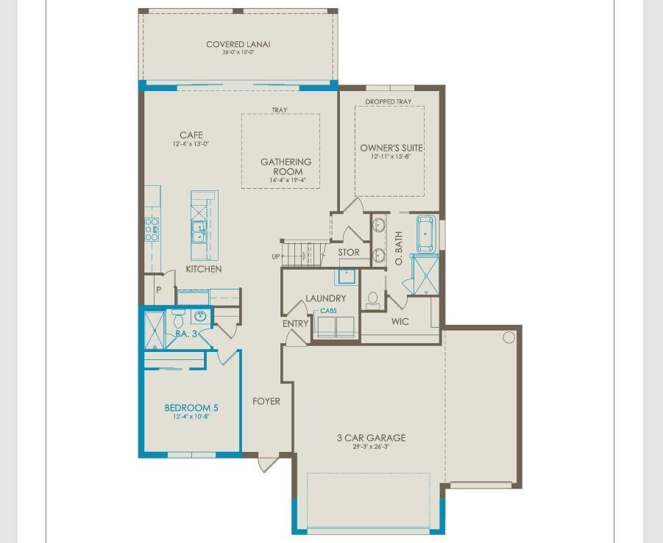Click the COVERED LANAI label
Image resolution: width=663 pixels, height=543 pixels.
238,45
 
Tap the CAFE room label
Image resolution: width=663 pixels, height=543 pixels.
191,135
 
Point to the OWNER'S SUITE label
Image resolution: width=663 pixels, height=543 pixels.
391,148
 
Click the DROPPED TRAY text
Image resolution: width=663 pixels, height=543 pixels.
389,101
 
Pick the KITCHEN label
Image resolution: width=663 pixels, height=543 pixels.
203,269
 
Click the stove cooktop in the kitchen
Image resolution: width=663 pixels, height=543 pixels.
152,229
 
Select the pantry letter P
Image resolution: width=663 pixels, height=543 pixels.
158,290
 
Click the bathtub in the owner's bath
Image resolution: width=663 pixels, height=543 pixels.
426,233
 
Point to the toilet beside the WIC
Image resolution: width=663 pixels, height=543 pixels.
373,299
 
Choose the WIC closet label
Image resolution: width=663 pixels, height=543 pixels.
400,322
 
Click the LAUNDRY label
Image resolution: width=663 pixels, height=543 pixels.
326,298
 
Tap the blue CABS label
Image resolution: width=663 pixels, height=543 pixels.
328,312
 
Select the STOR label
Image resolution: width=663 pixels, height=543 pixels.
349,252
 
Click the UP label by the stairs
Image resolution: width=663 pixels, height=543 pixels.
276,256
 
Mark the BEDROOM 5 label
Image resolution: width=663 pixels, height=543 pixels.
191,407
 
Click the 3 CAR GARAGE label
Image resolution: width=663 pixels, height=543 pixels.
371,438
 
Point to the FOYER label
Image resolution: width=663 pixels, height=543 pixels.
266,401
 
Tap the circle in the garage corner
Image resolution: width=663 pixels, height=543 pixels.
508,337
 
